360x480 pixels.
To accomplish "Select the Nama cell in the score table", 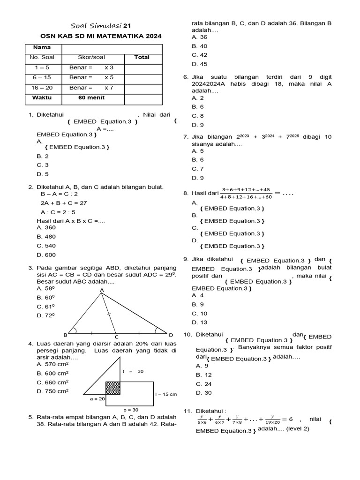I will (42, 47).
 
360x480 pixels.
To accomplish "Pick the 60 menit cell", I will (91, 97).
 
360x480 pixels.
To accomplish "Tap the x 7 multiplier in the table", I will (109, 88).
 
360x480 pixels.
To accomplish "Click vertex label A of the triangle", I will (101, 291).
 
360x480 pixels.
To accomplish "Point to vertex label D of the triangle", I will (171, 335).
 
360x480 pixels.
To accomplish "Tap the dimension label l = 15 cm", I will (166, 394).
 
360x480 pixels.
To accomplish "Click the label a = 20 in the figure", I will (97, 399).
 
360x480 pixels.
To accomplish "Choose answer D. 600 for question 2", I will (46, 255).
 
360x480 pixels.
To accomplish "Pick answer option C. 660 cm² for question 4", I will (52, 382).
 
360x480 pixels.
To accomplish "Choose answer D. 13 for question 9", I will (199, 322).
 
